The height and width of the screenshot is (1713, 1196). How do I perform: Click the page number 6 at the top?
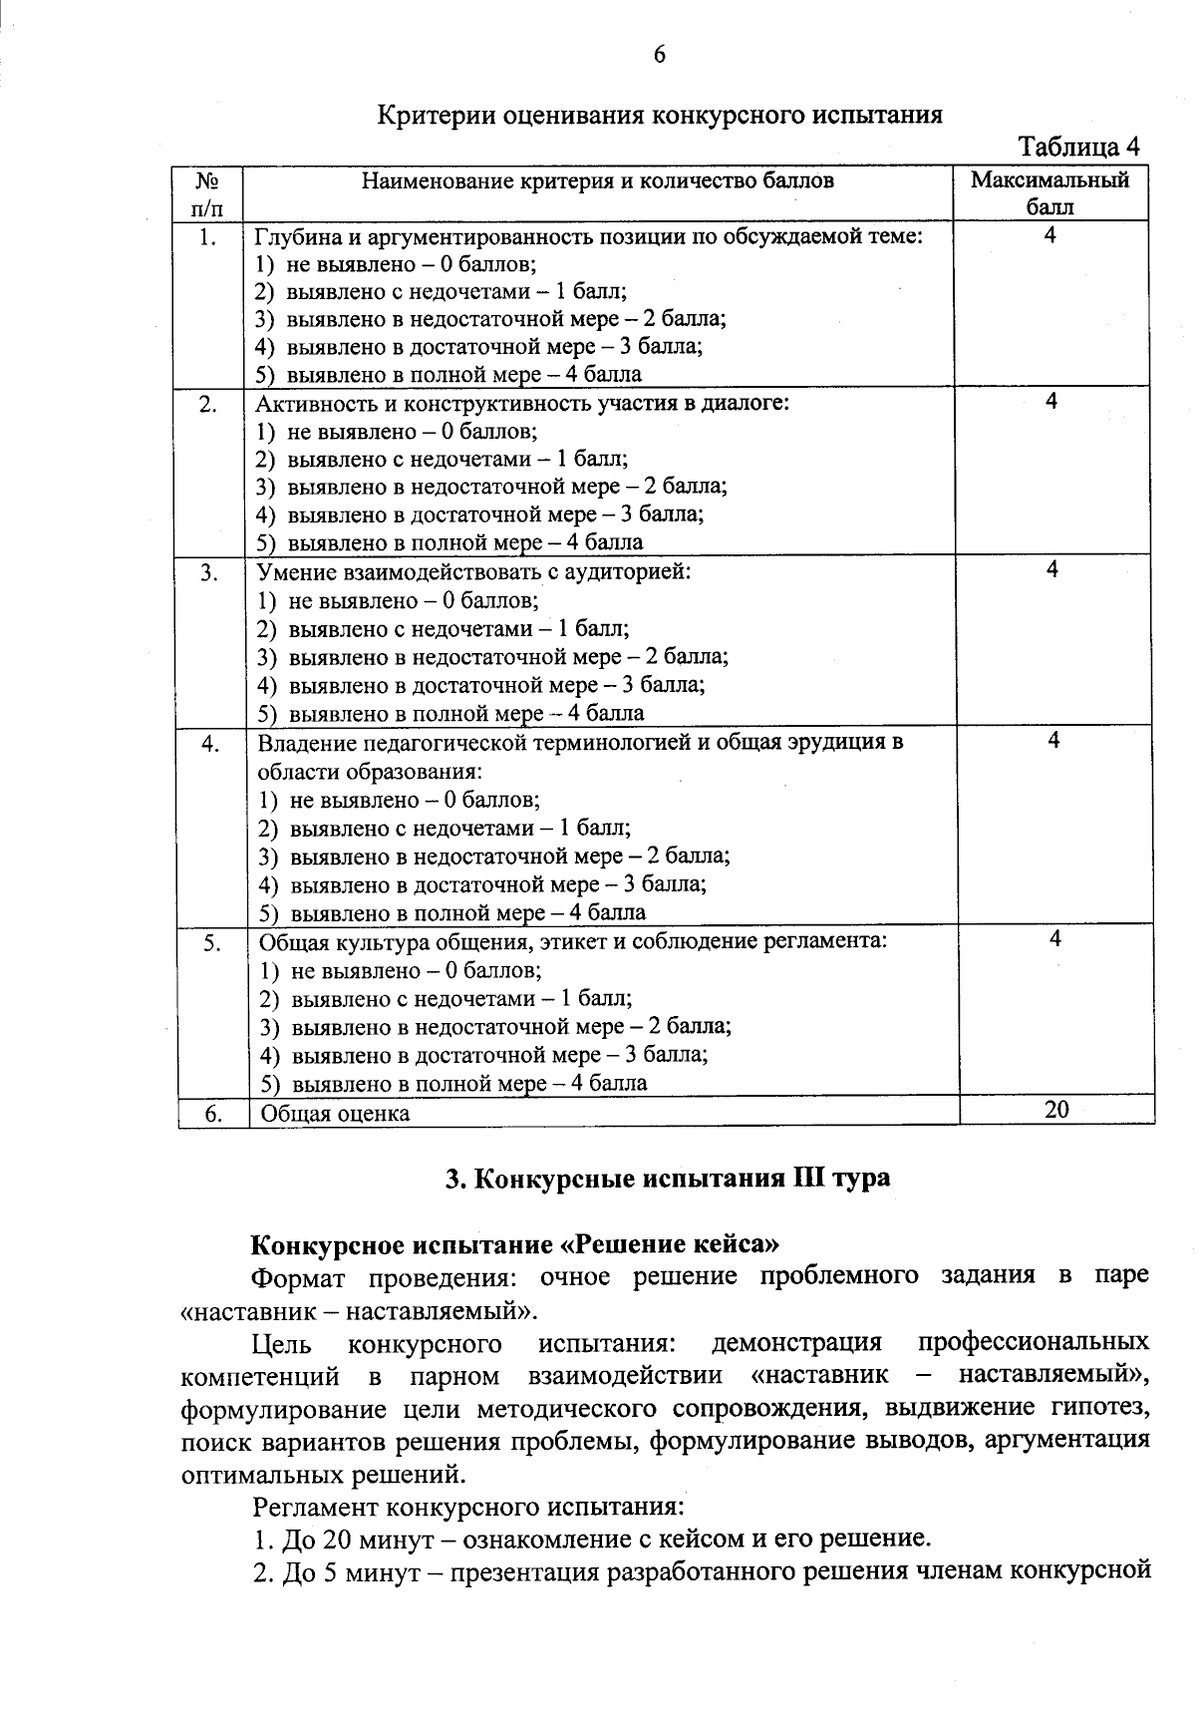(659, 56)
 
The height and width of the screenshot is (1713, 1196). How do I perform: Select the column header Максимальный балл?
(1051, 193)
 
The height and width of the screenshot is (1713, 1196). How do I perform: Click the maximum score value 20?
(1056, 1108)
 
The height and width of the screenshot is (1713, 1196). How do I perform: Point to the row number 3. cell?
(209, 572)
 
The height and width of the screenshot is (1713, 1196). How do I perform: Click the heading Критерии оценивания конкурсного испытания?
(660, 114)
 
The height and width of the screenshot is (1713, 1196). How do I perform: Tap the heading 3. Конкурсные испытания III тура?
(668, 1178)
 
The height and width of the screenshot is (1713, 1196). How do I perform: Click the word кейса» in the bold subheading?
(737, 1244)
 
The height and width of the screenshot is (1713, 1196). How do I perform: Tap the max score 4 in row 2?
(1051, 401)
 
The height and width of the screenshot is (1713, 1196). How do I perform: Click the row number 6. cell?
(212, 1113)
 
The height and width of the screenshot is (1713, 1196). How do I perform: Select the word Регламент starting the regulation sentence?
(315, 1506)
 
